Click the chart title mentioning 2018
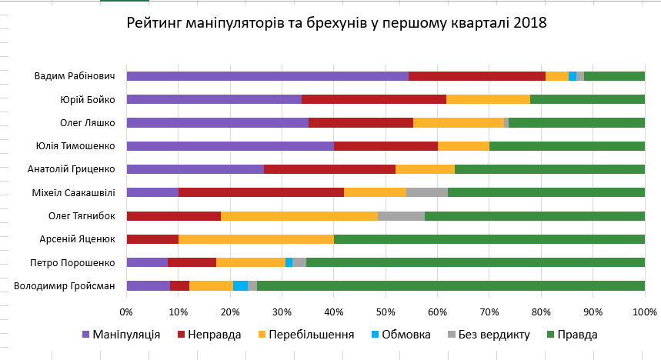(x=336, y=23)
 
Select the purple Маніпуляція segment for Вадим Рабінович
(x=267, y=76)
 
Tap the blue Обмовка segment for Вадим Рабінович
(x=573, y=76)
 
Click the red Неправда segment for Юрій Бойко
(x=374, y=99)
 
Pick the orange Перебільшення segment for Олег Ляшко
(x=459, y=122)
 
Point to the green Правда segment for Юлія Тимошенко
(x=567, y=146)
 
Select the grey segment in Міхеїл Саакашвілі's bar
(x=427, y=192)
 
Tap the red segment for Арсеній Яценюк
(x=152, y=239)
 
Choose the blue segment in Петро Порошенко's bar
(x=289, y=262)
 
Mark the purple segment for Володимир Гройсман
(x=148, y=286)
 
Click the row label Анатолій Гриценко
(x=76, y=169)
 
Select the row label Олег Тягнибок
(x=82, y=216)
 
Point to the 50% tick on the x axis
(x=386, y=312)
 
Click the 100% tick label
(x=644, y=312)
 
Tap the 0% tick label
(x=127, y=312)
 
